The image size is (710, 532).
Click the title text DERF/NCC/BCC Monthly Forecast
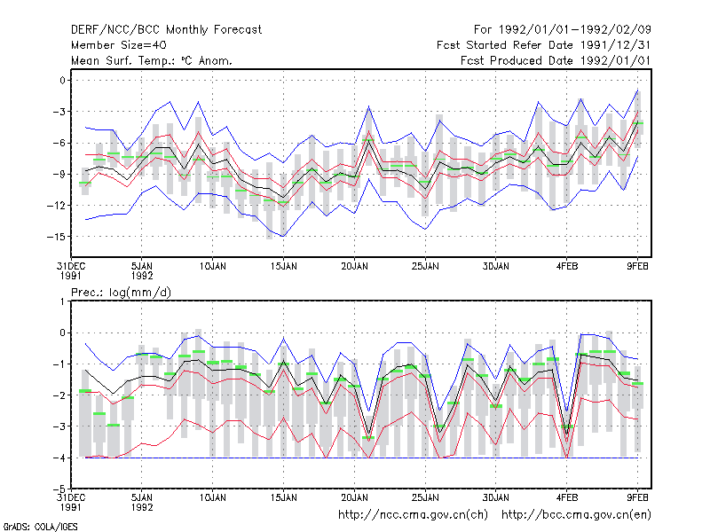pos(166,30)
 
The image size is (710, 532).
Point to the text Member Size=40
pos(119,45)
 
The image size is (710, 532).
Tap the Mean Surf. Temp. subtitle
pos(151,60)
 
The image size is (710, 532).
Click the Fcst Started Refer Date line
pos(543,45)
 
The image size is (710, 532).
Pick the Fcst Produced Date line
pos(556,60)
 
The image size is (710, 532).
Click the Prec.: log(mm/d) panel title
pos(121,293)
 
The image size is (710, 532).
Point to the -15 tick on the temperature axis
pos(56,237)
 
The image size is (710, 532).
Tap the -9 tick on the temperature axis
pos(59,174)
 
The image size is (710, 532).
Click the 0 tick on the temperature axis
pos(62,81)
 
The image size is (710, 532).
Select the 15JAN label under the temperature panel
pos(283,267)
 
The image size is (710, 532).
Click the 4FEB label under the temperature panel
pos(567,267)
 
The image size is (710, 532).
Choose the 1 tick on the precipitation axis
pos(62,301)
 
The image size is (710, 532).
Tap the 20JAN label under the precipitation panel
pos(354,497)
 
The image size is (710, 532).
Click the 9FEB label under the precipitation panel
pos(637,497)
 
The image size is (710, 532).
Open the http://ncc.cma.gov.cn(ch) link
pos(413,515)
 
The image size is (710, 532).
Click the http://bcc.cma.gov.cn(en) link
pos(576,515)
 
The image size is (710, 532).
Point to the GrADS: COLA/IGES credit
pos(40,527)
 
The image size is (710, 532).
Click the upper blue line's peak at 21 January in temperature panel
pos(369,106)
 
